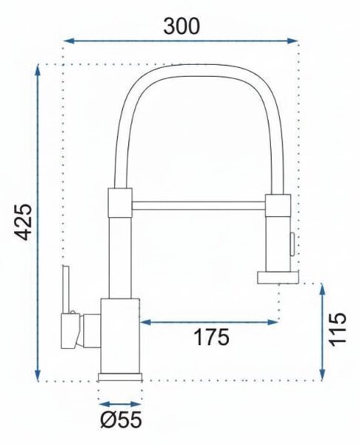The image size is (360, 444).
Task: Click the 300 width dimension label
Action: (181, 26)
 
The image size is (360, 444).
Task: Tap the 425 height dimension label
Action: (23, 222)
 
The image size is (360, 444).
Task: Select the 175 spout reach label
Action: (211, 337)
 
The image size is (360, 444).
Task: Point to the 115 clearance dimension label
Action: (337, 329)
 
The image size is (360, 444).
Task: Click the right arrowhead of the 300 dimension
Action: (292, 41)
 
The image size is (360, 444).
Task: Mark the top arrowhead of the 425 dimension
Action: (38, 70)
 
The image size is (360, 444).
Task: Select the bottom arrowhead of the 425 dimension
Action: (38, 376)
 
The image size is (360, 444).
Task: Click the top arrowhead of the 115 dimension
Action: (322, 289)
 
